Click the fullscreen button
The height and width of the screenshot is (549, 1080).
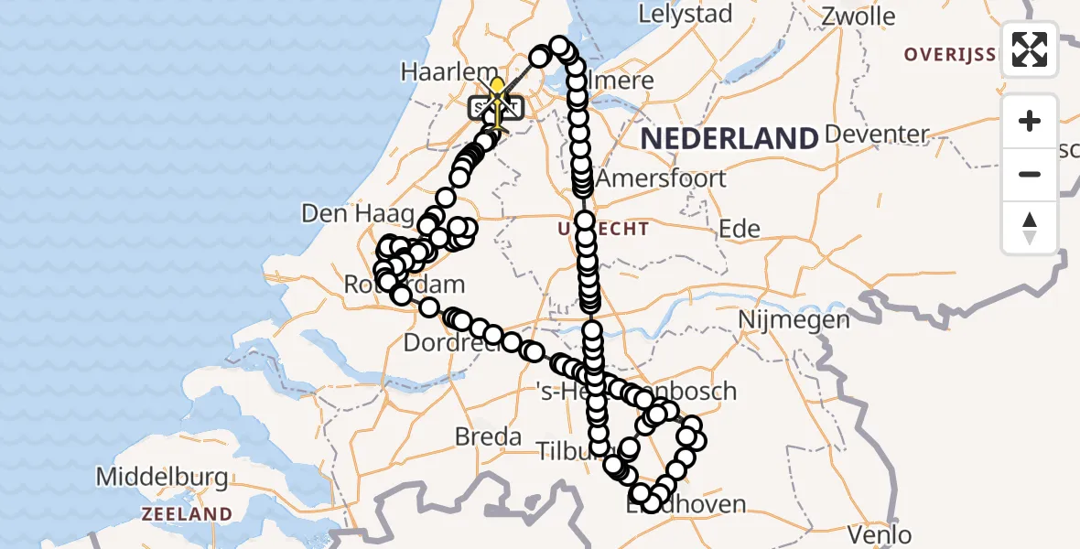(1030, 49)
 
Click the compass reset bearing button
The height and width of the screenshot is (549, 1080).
(1030, 228)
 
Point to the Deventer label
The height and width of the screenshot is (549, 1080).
(876, 135)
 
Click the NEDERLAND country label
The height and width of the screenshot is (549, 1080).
(729, 139)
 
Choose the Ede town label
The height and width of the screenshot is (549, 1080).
(740, 228)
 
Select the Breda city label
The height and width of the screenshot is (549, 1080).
(488, 436)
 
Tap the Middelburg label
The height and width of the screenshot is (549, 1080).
(161, 477)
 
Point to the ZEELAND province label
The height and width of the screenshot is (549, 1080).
(186, 513)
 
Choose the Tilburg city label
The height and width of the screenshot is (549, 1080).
(565, 450)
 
